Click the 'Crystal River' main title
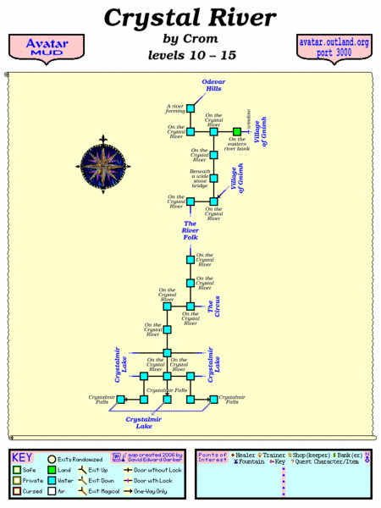tap(190, 18)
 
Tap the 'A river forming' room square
tap(190, 108)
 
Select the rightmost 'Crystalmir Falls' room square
tap(213, 398)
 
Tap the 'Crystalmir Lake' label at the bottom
tap(145, 422)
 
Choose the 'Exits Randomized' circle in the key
tap(52, 458)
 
